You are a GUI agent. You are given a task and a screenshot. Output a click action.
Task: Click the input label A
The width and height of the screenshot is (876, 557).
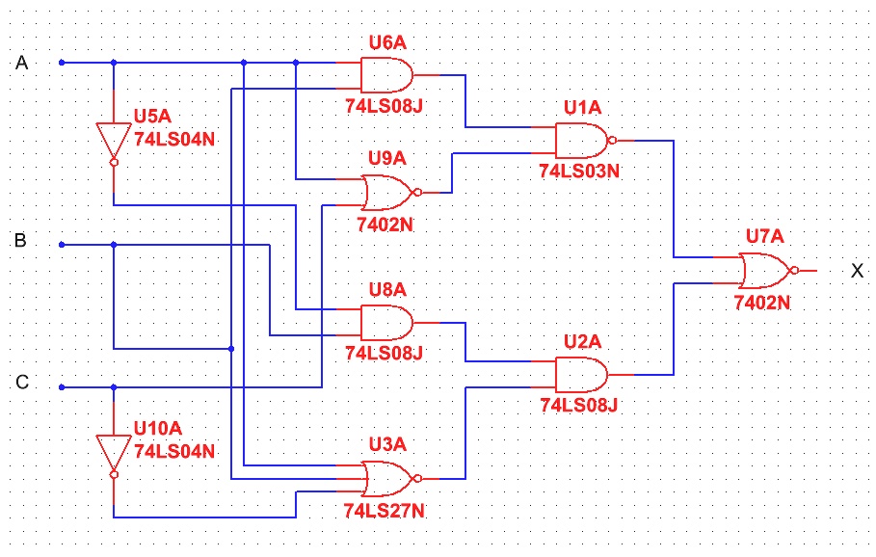click(22, 63)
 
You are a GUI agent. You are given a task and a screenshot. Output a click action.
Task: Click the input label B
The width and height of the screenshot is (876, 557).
click(20, 240)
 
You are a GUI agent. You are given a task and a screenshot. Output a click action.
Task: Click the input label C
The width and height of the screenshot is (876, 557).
click(21, 383)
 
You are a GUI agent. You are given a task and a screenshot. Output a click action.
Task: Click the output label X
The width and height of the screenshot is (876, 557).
click(857, 271)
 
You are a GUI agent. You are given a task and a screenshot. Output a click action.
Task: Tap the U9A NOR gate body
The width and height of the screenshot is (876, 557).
click(386, 193)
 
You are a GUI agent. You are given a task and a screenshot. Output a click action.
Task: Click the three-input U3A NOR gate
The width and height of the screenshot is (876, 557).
click(386, 476)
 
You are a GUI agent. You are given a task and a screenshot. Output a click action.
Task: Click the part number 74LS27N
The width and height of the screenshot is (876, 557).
click(385, 511)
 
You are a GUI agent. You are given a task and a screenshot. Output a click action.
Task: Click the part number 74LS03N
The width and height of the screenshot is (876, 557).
click(580, 172)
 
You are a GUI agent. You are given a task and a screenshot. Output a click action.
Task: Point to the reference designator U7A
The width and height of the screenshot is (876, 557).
click(766, 236)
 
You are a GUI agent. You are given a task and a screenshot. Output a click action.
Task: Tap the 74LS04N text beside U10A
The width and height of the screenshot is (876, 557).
click(174, 450)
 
